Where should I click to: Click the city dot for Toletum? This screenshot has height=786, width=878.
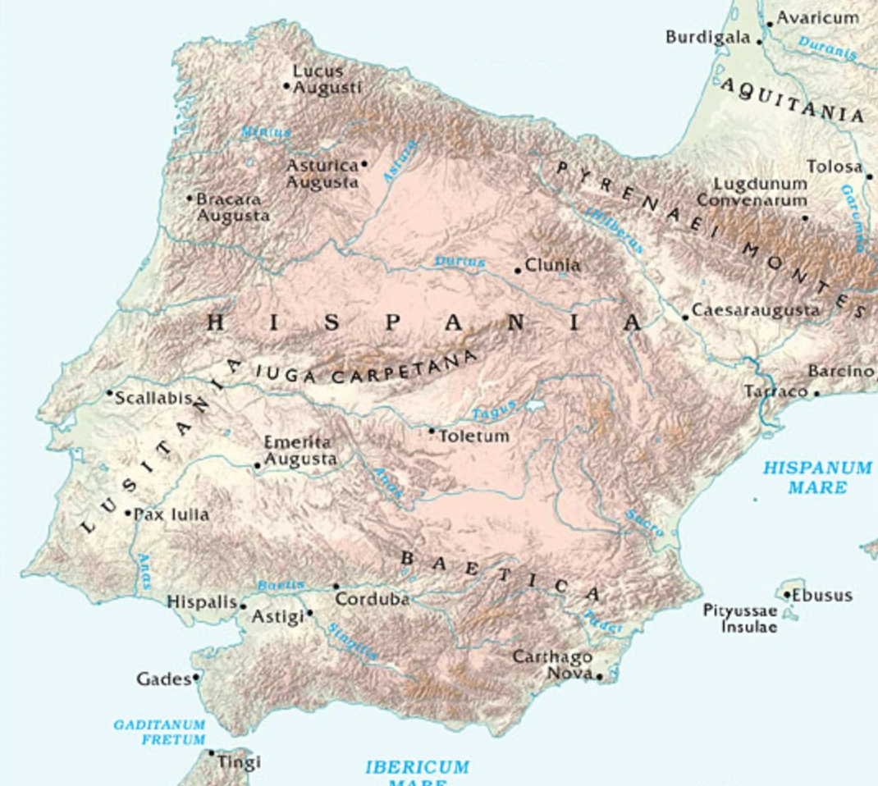click(432, 430)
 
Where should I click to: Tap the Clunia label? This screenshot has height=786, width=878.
click(552, 266)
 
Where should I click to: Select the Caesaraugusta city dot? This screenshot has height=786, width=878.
click(686, 318)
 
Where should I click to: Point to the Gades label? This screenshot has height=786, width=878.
click(163, 679)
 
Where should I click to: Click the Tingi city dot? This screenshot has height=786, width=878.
click(212, 753)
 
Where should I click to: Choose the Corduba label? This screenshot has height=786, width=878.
click(373, 600)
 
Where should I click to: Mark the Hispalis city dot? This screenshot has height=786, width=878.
click(243, 606)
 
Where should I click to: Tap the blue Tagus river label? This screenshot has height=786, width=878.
click(494, 409)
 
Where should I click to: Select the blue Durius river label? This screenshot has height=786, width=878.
click(460, 262)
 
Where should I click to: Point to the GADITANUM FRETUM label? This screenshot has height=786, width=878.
click(159, 732)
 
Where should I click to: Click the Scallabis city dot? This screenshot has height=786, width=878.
click(110, 393)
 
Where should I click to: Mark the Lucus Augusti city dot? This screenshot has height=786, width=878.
click(287, 85)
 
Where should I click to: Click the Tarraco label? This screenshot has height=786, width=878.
click(775, 392)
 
